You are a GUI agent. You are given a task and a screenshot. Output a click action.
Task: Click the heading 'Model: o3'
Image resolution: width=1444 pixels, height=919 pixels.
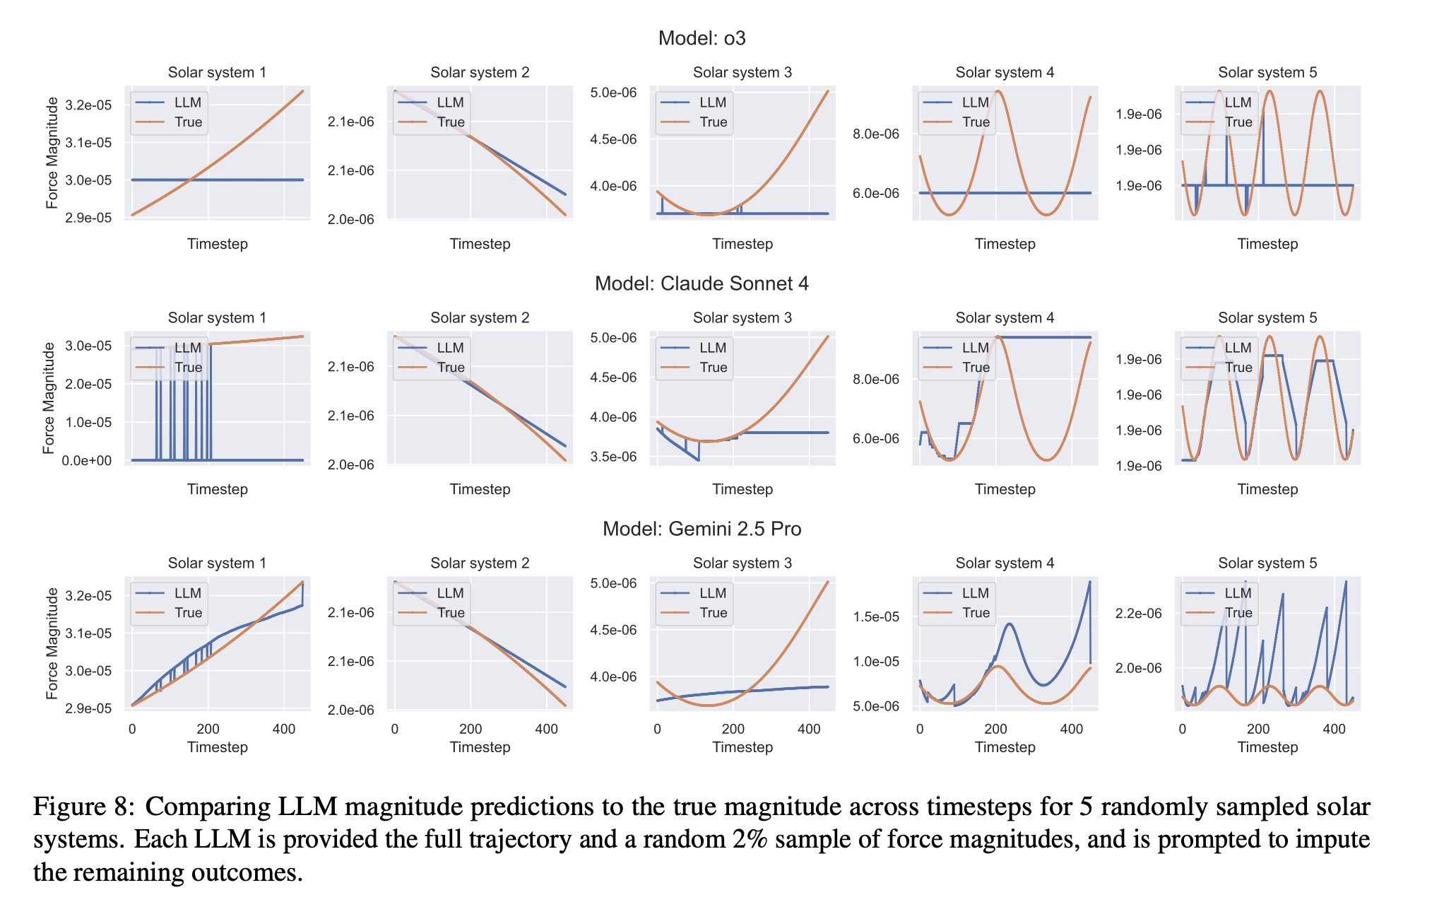click(x=702, y=38)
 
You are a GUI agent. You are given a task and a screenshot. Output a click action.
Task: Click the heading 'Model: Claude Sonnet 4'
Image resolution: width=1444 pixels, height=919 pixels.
click(x=702, y=283)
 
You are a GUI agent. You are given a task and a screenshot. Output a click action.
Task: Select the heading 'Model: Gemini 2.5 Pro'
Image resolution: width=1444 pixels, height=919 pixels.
click(x=702, y=529)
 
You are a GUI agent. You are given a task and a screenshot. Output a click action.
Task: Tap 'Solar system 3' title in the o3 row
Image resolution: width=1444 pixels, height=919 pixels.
click(x=742, y=72)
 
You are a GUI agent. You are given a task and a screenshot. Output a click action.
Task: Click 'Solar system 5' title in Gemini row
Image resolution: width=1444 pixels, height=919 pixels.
click(x=1267, y=563)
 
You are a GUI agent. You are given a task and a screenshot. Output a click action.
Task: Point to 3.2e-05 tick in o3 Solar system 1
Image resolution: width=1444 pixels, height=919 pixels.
click(x=88, y=105)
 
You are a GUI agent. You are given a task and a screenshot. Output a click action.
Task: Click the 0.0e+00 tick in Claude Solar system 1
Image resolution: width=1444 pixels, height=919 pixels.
click(x=86, y=461)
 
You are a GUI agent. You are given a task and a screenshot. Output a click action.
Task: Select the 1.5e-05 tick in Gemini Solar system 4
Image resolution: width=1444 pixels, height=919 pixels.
click(x=876, y=616)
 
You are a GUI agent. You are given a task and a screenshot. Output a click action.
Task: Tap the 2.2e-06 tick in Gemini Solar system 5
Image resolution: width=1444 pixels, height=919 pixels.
click(x=1138, y=614)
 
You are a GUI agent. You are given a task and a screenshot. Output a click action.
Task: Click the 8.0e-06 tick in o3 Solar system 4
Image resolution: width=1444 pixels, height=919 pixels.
click(x=876, y=134)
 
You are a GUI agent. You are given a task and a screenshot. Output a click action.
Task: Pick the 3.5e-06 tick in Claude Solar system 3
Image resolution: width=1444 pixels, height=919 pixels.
click(x=613, y=457)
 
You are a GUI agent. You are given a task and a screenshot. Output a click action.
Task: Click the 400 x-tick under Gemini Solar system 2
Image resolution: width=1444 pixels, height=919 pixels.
click(x=546, y=729)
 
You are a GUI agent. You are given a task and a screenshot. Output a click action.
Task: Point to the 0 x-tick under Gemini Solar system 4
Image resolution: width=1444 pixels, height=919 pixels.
click(x=919, y=729)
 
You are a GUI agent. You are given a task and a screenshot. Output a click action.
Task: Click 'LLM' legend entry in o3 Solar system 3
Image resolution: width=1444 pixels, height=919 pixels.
click(x=713, y=103)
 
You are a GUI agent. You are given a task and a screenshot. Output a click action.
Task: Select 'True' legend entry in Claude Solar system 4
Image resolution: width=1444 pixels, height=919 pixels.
click(x=976, y=368)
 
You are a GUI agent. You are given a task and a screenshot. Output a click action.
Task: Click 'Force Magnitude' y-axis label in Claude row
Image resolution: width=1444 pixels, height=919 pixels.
click(x=49, y=398)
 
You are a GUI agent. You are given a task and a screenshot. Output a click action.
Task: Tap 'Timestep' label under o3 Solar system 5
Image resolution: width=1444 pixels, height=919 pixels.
click(x=1267, y=244)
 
